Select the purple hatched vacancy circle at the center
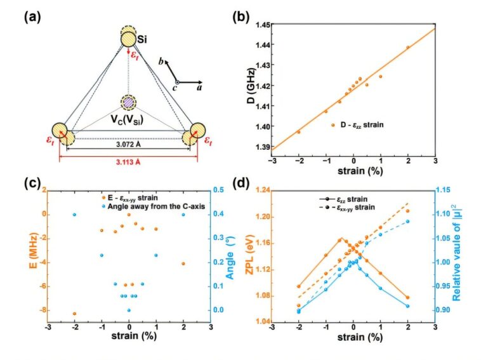pyautogui.click(x=129, y=102)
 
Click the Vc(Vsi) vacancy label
pyautogui.click(x=127, y=120)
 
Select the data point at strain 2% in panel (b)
pyautogui.click(x=408, y=47)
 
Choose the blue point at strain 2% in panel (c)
pyautogui.click(x=184, y=215)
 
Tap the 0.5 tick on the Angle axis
pyautogui.click(x=218, y=190)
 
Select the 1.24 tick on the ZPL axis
pyautogui.click(x=260, y=190)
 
